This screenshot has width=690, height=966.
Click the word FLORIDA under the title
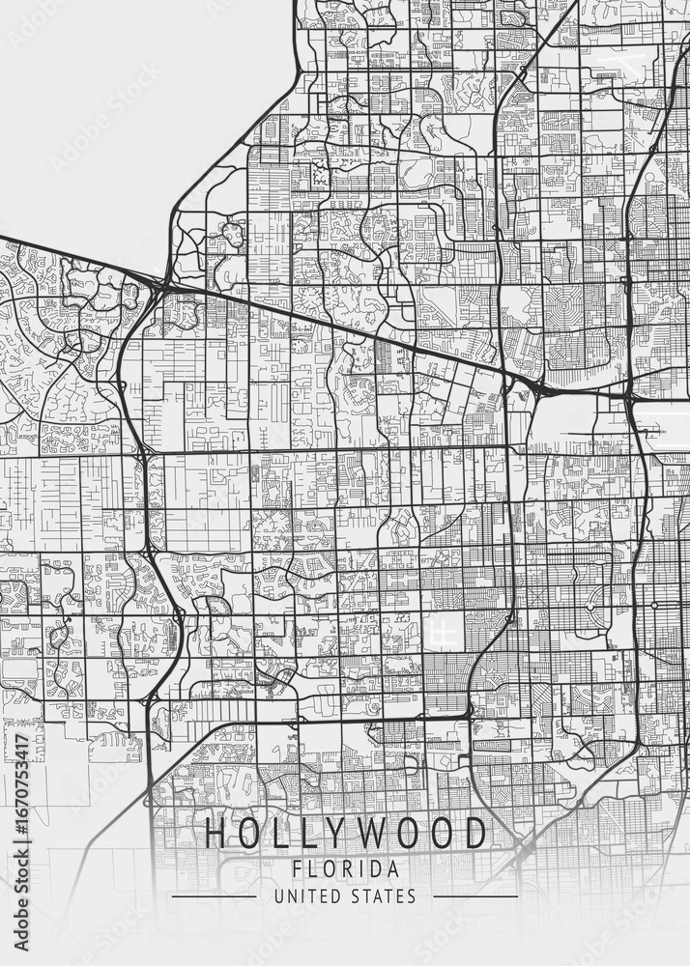pos(345,868)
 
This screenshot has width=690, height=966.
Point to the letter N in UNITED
pos(289,897)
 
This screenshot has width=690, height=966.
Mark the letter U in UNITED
pos(278,897)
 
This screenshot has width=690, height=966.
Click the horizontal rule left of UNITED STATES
pos(214,897)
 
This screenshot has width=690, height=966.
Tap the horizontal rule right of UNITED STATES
pos(475,897)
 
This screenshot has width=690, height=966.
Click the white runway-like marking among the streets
pos(443,633)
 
